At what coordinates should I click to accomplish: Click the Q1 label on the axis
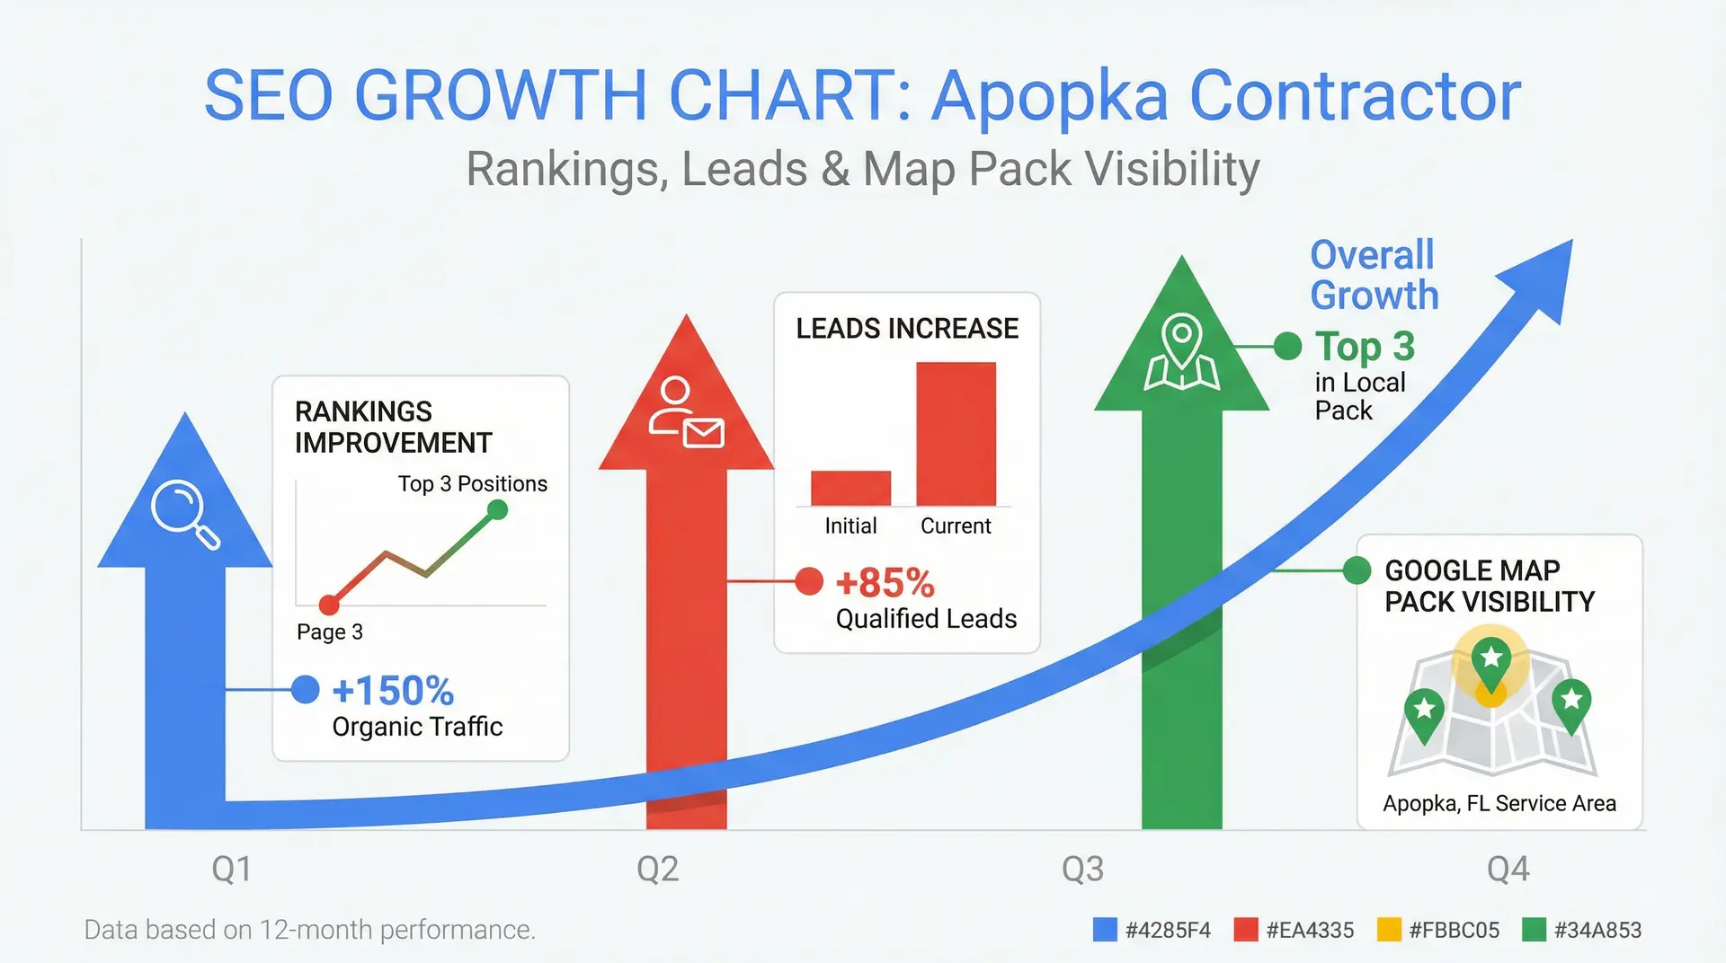[x=231, y=869]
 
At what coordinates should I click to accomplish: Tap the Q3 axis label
[x=1082, y=869]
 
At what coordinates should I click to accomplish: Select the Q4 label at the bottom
[x=1508, y=869]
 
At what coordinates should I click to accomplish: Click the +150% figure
[x=393, y=691]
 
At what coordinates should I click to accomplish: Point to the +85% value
[x=885, y=583]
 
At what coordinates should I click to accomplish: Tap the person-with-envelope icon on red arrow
[x=686, y=414]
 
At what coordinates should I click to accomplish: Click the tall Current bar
[x=956, y=434]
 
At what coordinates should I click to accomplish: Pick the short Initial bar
[x=850, y=488]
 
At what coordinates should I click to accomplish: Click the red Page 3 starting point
[x=329, y=605]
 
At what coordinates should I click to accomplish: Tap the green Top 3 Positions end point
[x=497, y=510]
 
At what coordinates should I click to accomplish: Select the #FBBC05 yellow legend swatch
[x=1389, y=930]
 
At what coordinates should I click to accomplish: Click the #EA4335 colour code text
[x=1309, y=930]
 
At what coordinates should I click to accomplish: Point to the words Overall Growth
[x=1373, y=275]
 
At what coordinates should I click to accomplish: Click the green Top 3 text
[x=1365, y=347]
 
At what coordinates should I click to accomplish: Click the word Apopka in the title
[x=1049, y=96]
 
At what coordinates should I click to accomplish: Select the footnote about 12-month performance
[x=309, y=930]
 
